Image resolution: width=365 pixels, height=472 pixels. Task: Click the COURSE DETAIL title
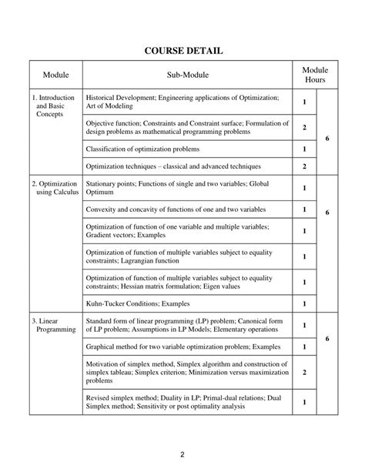[x=182, y=51]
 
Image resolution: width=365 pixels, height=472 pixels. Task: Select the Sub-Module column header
[x=187, y=75]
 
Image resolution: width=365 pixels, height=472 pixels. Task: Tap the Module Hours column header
[x=314, y=75]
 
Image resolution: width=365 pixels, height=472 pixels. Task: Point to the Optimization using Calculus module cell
[x=54, y=189]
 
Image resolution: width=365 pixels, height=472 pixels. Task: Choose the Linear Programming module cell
[x=54, y=324]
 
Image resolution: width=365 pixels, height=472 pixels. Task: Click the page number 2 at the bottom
[x=182, y=454]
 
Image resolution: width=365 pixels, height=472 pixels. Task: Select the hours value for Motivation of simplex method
[x=305, y=372]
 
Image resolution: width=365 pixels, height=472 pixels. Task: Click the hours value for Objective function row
[x=305, y=126]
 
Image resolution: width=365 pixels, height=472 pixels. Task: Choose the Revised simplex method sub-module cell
[x=187, y=402]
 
